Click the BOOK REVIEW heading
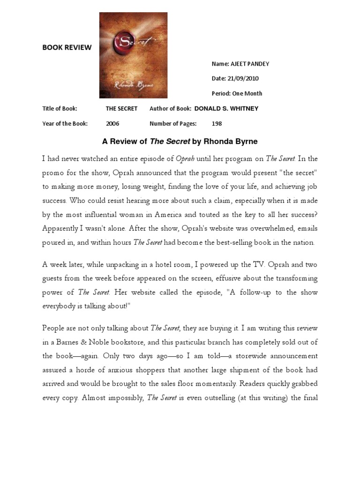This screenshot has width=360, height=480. [x=67, y=47]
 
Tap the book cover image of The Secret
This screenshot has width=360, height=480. [x=133, y=55]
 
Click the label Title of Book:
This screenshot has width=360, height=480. [x=60, y=108]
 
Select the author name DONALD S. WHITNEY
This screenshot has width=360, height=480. [x=226, y=108]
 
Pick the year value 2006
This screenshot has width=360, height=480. [x=112, y=124]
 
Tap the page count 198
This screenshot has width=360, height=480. [x=217, y=124]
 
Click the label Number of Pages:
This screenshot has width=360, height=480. [x=173, y=124]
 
